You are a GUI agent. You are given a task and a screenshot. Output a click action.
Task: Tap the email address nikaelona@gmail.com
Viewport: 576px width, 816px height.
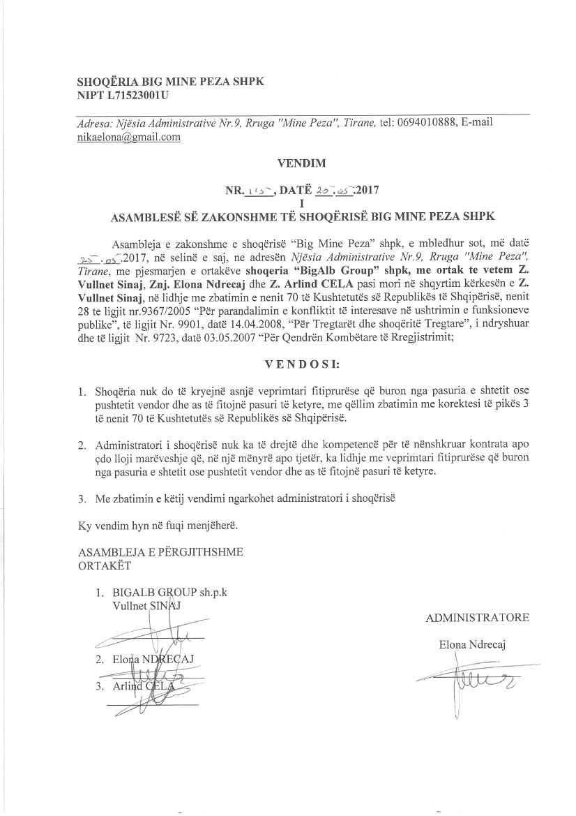[129, 138]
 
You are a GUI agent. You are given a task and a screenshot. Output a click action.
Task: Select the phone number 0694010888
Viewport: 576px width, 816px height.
[427, 123]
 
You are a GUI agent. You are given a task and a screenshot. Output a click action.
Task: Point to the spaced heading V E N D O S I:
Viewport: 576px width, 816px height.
[302, 364]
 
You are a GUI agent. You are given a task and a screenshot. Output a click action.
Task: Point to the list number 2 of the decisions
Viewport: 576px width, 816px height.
[82, 444]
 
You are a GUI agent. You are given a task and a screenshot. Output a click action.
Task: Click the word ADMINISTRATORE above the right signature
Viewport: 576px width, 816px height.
[477, 618]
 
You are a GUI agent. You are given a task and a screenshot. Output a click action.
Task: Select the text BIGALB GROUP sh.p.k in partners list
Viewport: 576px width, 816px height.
[169, 593]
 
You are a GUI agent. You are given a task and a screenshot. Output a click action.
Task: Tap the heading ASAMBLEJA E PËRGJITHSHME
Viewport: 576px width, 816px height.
[160, 552]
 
